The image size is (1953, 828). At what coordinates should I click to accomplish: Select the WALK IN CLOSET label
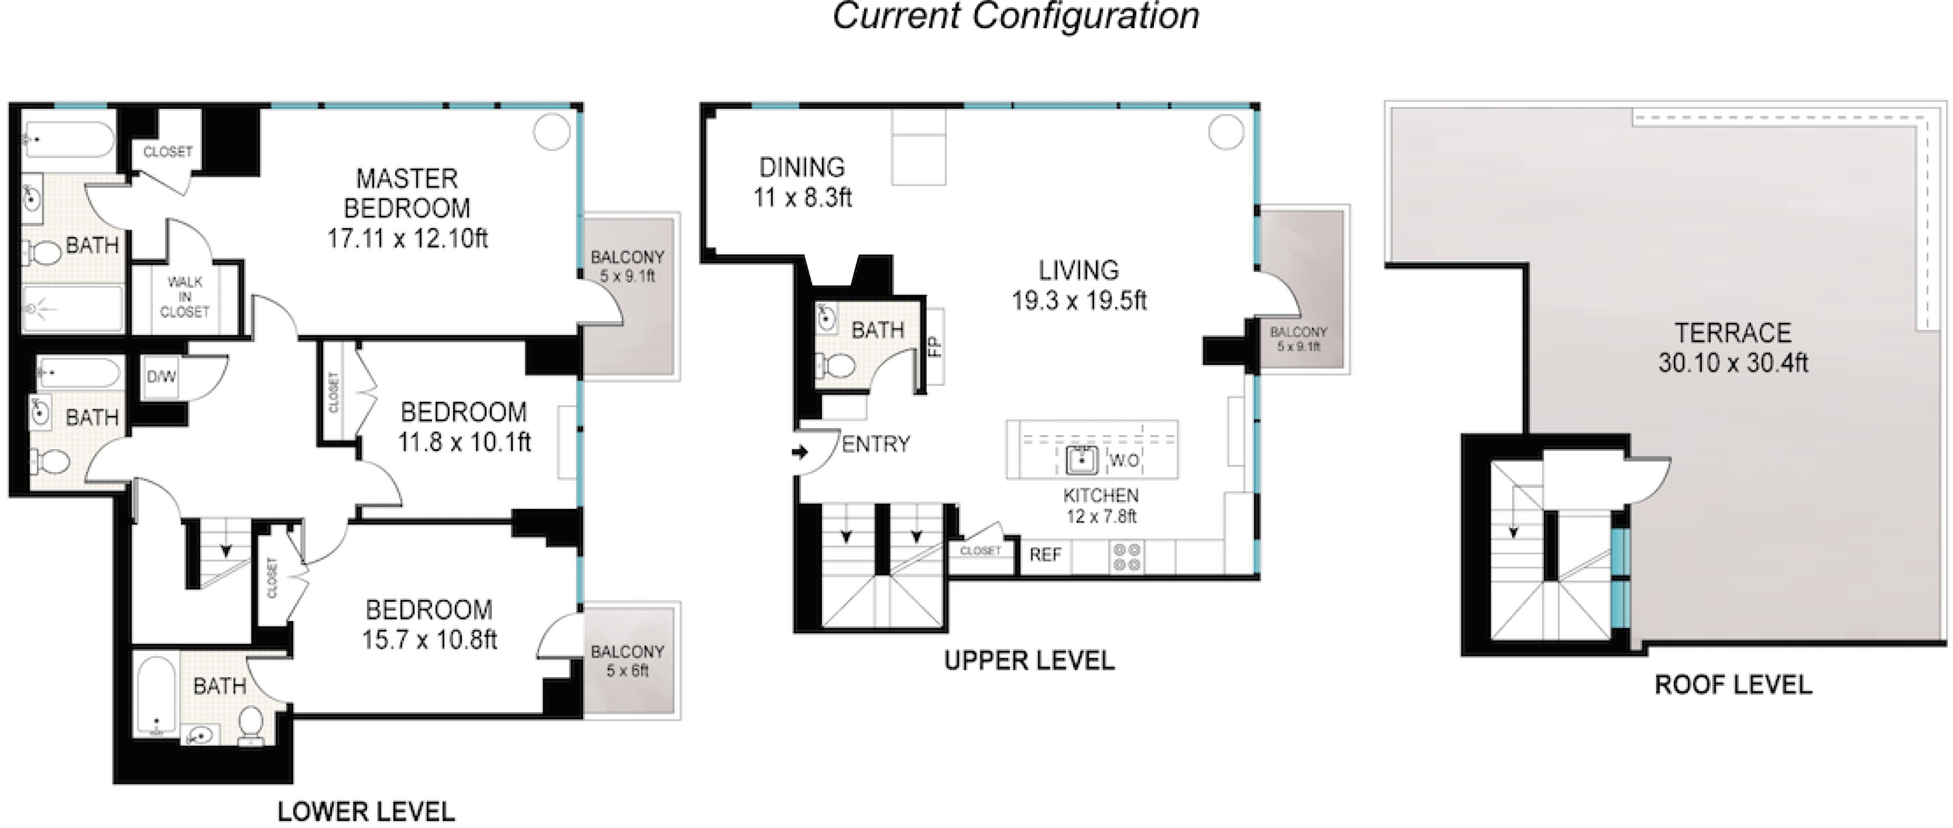[185, 296]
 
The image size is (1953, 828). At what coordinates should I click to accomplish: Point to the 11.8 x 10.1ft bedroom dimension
[464, 441]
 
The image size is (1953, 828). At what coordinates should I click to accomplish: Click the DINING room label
[802, 167]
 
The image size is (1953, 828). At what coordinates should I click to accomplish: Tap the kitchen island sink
[1082, 460]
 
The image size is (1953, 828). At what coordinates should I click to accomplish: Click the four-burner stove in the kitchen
[1126, 557]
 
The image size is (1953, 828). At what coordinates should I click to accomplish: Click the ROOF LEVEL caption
[1733, 685]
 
